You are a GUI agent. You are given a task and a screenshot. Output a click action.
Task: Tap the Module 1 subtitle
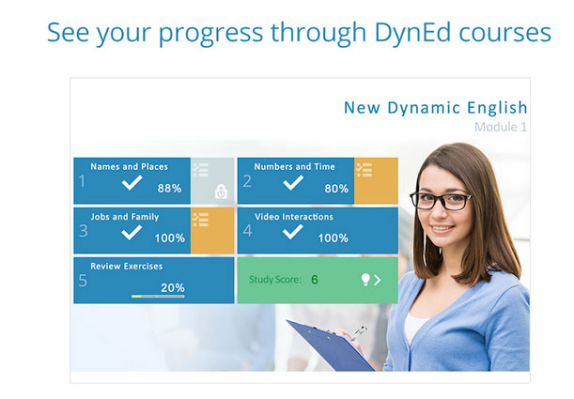point(501,127)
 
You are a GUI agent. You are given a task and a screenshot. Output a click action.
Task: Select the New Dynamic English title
point(435,108)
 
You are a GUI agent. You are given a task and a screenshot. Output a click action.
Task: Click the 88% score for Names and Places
point(169,189)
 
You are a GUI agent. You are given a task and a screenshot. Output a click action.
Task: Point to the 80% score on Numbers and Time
point(336,189)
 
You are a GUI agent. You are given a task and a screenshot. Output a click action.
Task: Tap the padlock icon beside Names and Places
point(221,192)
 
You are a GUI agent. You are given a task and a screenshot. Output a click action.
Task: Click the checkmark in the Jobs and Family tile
point(132,233)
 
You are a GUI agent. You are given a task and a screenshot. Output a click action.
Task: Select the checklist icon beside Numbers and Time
point(365,170)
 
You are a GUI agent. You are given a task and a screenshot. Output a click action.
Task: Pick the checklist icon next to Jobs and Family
point(201,220)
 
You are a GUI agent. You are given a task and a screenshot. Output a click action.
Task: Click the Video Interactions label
point(294,217)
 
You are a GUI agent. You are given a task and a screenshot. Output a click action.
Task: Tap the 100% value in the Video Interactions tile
point(333,238)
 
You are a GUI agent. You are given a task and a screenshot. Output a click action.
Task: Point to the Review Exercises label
point(126,267)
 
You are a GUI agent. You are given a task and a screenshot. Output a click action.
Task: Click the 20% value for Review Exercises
point(173,288)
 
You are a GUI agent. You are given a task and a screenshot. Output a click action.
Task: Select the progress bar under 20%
point(158,297)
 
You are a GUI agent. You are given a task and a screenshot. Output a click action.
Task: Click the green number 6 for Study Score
point(315,280)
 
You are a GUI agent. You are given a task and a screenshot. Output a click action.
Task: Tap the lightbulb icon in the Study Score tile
point(365,280)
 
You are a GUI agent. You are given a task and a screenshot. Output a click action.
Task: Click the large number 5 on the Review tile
point(83,281)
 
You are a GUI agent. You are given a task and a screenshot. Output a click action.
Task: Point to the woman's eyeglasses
point(440,200)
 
